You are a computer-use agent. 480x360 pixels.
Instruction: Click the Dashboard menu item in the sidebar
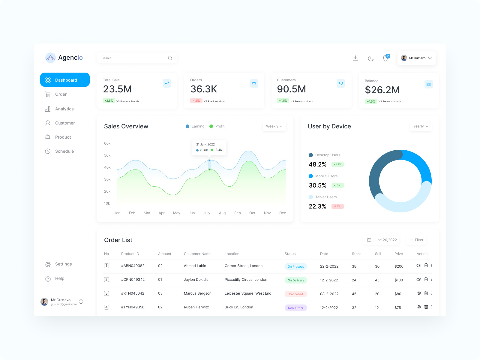point(65,80)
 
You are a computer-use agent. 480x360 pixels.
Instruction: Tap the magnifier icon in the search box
point(170,58)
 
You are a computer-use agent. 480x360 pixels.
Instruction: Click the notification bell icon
point(385,58)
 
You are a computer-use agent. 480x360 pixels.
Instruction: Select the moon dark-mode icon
point(371,58)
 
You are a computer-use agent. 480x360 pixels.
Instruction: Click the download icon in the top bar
point(355,58)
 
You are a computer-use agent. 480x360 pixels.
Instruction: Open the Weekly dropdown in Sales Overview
point(274,126)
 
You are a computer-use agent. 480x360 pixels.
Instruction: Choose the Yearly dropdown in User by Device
point(421,126)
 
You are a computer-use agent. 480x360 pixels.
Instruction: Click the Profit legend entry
point(217,126)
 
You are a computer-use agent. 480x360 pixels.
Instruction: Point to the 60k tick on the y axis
point(107,143)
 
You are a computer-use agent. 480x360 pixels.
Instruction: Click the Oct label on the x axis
point(252,213)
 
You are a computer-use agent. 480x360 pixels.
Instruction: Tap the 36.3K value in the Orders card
point(204,89)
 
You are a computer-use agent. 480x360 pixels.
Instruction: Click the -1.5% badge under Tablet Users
point(337,206)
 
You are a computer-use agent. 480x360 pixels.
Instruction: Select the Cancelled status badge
point(296,294)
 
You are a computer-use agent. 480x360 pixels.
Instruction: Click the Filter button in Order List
point(416,240)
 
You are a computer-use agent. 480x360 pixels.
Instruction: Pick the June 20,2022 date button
point(382,240)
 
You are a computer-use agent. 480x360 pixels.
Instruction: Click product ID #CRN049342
point(133,280)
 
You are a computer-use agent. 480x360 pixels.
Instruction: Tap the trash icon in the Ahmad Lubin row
point(426,265)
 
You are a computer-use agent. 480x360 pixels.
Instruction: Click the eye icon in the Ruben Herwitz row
point(419,307)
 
